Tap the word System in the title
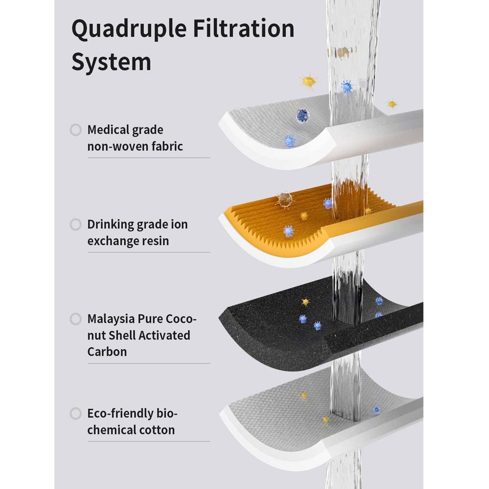click(111, 62)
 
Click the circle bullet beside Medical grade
click(75, 130)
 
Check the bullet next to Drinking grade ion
click(75, 224)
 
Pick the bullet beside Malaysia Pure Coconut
click(75, 319)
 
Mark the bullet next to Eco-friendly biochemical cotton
click(75, 414)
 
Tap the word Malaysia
click(111, 319)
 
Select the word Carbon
click(107, 352)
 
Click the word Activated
click(164, 335)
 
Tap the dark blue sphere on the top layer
click(303, 115)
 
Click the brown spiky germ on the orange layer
click(285, 199)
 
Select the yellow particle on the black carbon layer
click(306, 302)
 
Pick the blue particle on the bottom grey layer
click(377, 410)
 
